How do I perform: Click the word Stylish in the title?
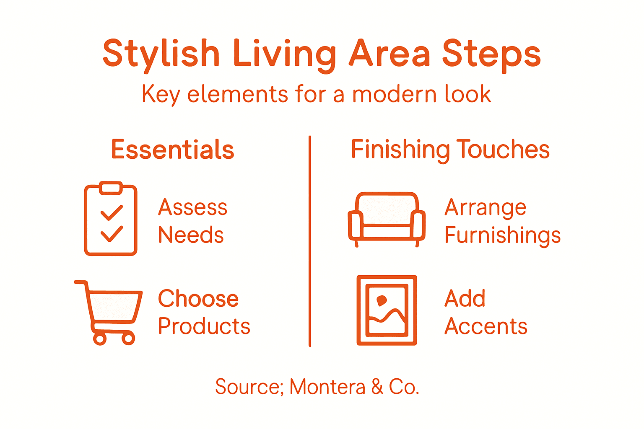[x=161, y=54]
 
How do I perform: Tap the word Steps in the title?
[x=491, y=54]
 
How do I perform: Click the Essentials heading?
[x=172, y=150]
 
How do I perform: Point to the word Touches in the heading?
[x=503, y=150]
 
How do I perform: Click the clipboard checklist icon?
[x=111, y=219]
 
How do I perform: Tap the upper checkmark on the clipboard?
[x=112, y=212]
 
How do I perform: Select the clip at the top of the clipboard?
[x=111, y=188]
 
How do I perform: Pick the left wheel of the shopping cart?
[x=99, y=339]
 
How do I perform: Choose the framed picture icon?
[x=387, y=310]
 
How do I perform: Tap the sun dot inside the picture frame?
[x=382, y=300]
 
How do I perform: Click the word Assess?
[x=193, y=207]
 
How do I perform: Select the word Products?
[x=204, y=326]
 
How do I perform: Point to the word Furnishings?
[x=502, y=235]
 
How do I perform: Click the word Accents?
[x=486, y=326]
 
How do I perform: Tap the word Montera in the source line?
[x=327, y=387]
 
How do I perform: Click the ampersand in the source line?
[x=377, y=387]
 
